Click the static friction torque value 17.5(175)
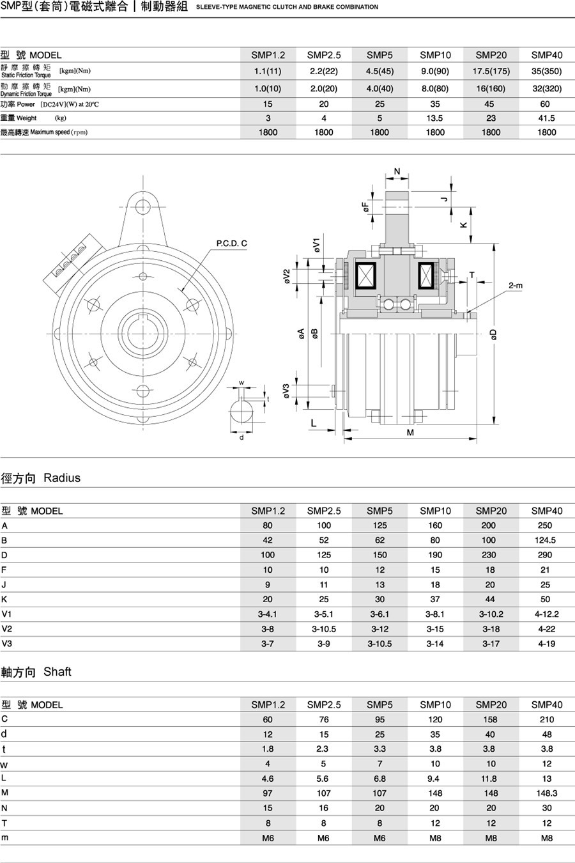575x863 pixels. point(491,71)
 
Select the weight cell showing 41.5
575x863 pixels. point(546,118)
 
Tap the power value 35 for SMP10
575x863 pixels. point(435,104)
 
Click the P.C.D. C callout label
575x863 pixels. point(231,244)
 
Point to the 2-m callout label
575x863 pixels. point(516,286)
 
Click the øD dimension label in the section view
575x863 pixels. point(494,334)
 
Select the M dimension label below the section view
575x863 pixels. point(410,433)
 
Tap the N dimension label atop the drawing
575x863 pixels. point(397,171)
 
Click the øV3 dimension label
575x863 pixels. point(286,391)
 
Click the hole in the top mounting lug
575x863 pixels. point(143,206)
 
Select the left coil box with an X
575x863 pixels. point(365,276)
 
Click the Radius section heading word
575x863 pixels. point(62,478)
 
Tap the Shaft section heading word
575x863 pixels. point(57,671)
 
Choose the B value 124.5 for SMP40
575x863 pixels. point(545,540)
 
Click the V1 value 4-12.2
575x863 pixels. point(546,614)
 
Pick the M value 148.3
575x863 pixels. point(546,793)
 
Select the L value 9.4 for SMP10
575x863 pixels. point(433,779)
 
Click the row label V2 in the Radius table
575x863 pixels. point(7,629)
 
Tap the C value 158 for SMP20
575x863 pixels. point(490,719)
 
